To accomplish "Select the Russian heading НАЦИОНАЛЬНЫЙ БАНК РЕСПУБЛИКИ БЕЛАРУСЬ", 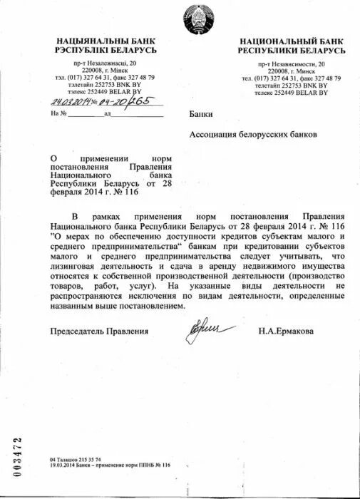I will [292, 46].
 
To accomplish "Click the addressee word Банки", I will [201, 114].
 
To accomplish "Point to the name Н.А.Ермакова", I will [286, 331].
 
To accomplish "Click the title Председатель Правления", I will [99, 331].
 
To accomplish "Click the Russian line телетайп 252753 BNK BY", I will [292, 86].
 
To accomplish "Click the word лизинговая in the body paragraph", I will [78, 265].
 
